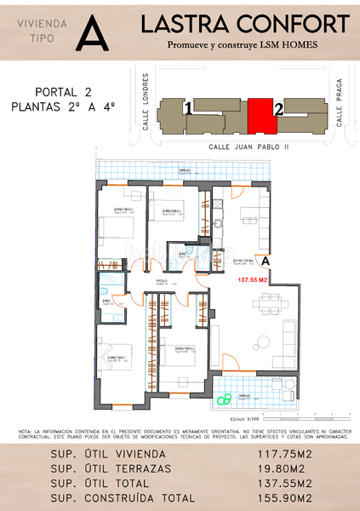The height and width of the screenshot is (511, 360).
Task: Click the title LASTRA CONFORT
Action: click(x=245, y=23)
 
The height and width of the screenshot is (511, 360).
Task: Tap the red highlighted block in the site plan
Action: click(x=261, y=115)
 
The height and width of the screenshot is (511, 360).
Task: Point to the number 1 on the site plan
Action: click(x=186, y=108)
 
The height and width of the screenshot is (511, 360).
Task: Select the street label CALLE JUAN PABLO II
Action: click(x=249, y=146)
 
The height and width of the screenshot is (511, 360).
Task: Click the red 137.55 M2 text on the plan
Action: click(x=252, y=279)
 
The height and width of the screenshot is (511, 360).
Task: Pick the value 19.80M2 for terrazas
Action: click(x=281, y=469)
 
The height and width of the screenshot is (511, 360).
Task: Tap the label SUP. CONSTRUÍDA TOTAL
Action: click(x=124, y=497)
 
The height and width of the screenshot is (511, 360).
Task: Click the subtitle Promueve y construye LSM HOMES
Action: click(x=245, y=45)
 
